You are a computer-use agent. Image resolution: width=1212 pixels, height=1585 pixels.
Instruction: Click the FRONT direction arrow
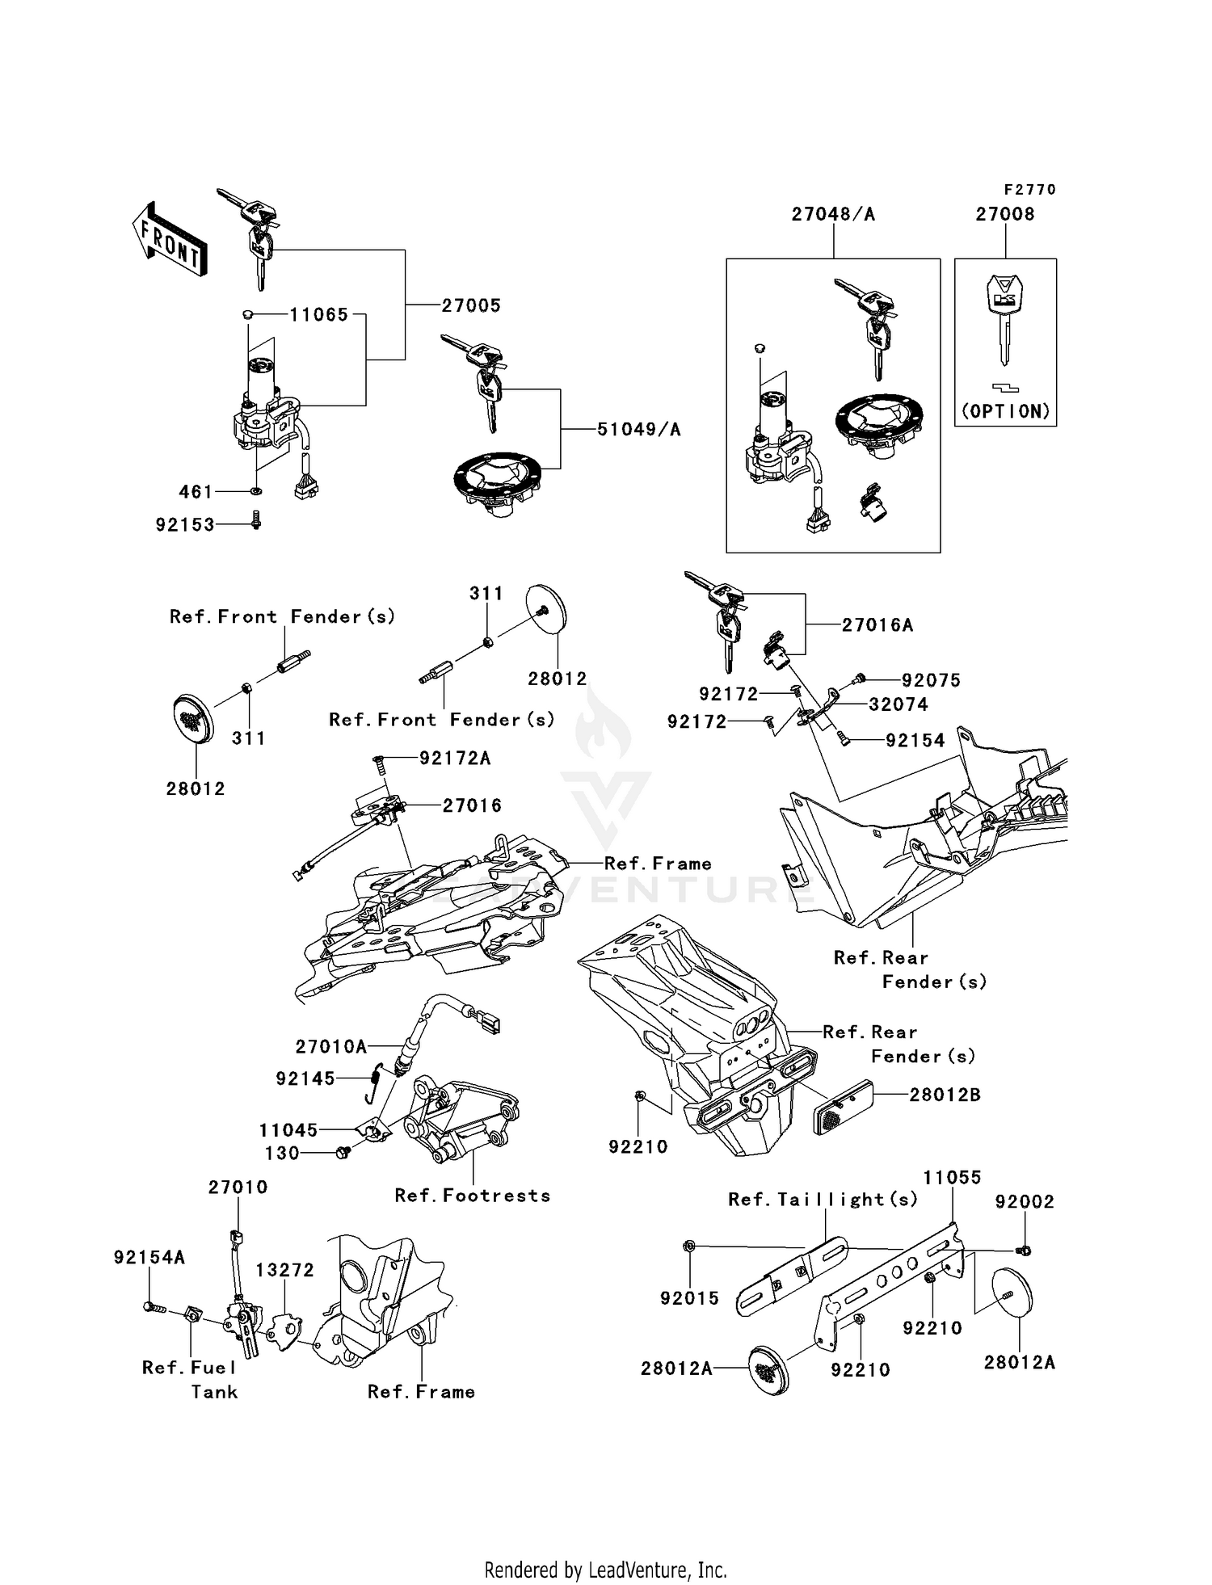click(170, 239)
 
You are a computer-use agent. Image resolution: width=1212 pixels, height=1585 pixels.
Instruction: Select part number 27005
click(471, 305)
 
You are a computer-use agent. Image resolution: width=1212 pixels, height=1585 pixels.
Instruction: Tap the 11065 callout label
click(319, 315)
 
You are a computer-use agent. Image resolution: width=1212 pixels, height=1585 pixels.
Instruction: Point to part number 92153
click(185, 525)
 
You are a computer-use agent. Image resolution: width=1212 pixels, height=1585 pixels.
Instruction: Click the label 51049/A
click(638, 430)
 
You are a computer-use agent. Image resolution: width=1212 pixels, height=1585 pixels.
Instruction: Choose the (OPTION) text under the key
click(1005, 411)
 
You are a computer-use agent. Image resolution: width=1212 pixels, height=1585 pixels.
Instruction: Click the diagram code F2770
click(1029, 190)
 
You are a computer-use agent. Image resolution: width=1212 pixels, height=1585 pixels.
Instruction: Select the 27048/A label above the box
click(833, 214)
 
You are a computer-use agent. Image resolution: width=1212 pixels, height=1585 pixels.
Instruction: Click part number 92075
click(931, 680)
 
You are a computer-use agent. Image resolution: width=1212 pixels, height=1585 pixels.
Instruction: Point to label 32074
click(898, 704)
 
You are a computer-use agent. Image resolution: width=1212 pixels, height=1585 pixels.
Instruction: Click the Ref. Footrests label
click(473, 1196)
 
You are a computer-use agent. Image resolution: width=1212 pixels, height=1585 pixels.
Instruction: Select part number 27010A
click(331, 1047)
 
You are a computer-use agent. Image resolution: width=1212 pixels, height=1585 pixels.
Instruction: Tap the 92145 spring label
click(305, 1078)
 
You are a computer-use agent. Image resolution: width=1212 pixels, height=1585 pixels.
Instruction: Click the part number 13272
click(284, 1270)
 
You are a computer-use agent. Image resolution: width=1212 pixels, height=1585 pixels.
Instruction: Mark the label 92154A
click(149, 1258)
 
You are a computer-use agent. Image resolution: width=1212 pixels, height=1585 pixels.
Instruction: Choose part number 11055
click(952, 1178)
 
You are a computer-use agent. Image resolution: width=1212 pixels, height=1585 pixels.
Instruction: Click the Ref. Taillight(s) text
click(823, 1200)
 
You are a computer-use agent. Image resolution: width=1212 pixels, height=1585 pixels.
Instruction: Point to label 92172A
click(455, 759)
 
